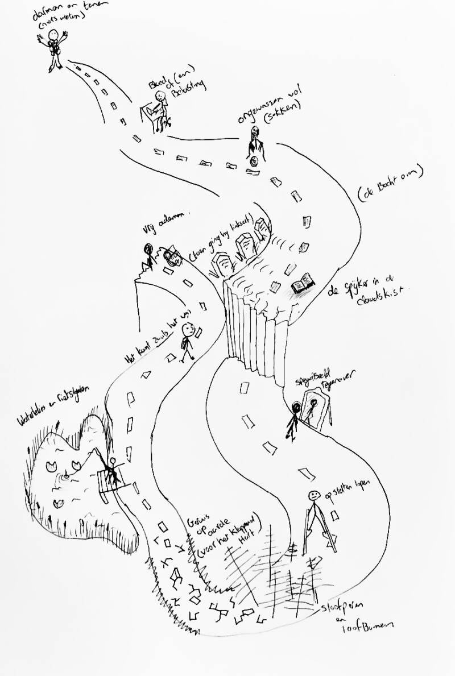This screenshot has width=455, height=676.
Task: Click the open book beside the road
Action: [303, 284]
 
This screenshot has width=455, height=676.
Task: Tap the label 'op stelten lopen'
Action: [347, 490]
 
